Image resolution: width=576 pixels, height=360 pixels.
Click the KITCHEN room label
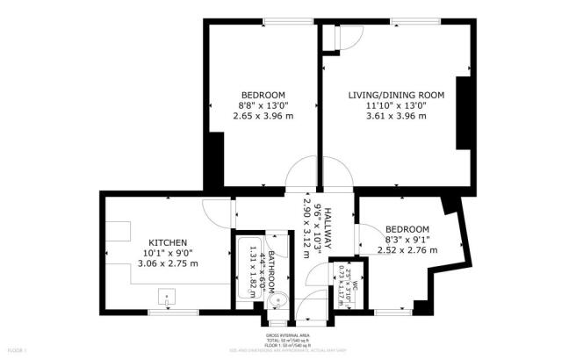pos(167,242)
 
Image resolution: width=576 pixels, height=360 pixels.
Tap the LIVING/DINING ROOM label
pos(398,95)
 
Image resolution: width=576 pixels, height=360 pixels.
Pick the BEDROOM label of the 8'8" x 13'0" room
pos(263,95)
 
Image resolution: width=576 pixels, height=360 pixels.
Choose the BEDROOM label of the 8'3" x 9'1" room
pos(407,228)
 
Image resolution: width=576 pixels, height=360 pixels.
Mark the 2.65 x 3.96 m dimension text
pos(263,116)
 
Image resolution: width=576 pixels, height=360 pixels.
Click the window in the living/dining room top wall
pos(405,22)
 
